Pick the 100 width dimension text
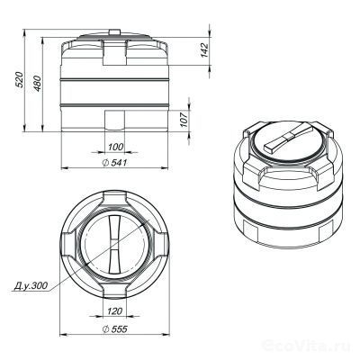click(x=114, y=146)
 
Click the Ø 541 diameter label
click(x=114, y=162)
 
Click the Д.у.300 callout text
click(x=33, y=287)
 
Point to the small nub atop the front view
click(x=113, y=35)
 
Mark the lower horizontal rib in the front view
click(x=113, y=105)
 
